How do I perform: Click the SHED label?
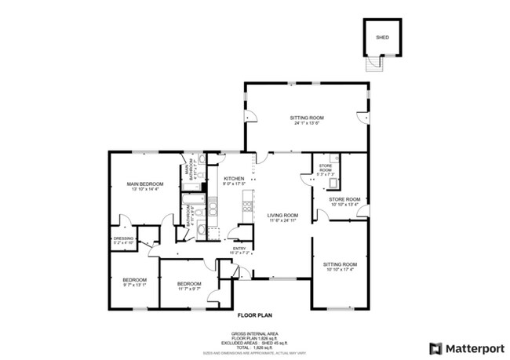pyautogui.click(x=382, y=37)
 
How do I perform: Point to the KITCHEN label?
pyautogui.click(x=234, y=179)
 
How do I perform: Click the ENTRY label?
pyautogui.click(x=239, y=249)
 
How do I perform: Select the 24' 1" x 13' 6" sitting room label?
pyautogui.click(x=308, y=118)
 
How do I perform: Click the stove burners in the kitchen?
pyautogui.click(x=248, y=208)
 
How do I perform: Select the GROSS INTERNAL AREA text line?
pyautogui.click(x=254, y=333)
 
